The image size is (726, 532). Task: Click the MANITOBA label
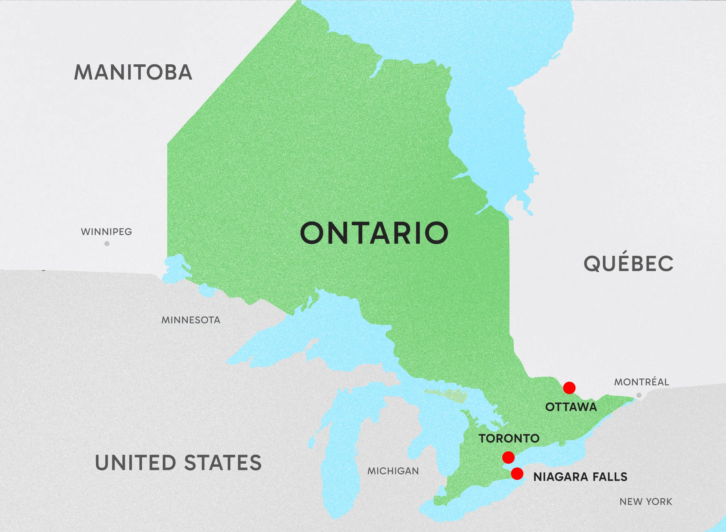[x=133, y=72]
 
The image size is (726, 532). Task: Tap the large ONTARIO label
[x=374, y=233]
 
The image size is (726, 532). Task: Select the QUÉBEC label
[x=628, y=263]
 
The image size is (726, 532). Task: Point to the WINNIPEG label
[x=107, y=232]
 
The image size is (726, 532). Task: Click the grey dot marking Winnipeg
[x=107, y=243]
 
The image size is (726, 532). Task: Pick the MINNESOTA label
[x=191, y=320]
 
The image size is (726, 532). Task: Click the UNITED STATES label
[x=178, y=463]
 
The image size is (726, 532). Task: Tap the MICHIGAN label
[x=393, y=471]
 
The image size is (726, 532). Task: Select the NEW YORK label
[x=646, y=502]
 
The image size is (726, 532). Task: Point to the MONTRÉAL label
[x=641, y=382]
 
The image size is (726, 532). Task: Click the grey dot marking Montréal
[x=639, y=395]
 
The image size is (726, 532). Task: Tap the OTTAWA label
[x=571, y=407]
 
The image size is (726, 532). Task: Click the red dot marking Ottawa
[x=569, y=388]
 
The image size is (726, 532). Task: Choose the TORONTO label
[x=509, y=438]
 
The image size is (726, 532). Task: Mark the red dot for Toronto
[x=508, y=457]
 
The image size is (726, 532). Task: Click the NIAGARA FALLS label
[x=581, y=477]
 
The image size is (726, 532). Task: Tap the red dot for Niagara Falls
[x=517, y=473]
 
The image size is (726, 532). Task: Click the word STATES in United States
[x=223, y=463]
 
